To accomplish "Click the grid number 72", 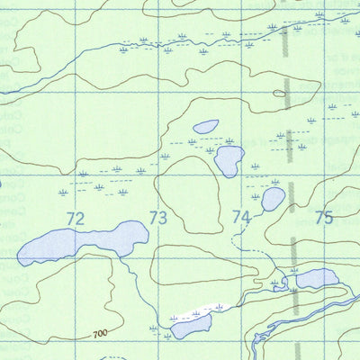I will (75, 218).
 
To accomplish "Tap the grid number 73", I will (158, 218).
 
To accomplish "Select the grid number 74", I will (240, 217).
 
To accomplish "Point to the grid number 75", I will (324, 217).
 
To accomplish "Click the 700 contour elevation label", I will (100, 333).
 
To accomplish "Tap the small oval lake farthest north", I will (205, 127).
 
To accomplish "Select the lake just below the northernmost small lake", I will (229, 160).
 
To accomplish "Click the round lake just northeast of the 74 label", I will (273, 199).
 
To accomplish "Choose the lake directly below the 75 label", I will (317, 279).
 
